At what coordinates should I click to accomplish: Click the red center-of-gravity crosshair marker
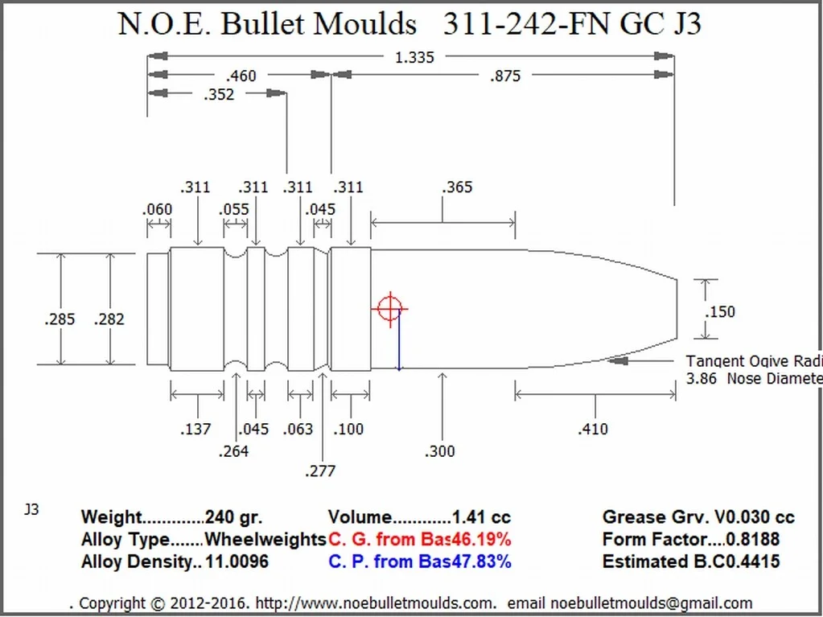(389, 308)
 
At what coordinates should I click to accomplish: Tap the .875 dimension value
(504, 76)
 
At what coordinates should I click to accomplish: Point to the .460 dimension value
(241, 76)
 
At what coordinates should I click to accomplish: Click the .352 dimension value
(218, 95)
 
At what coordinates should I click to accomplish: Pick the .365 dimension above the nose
(457, 187)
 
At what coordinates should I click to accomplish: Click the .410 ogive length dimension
(593, 429)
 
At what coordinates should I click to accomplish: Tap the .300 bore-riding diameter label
(440, 451)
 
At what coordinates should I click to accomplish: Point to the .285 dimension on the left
(60, 319)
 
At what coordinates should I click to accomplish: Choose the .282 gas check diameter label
(109, 319)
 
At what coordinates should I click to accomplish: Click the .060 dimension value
(157, 210)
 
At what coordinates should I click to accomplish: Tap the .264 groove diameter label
(233, 451)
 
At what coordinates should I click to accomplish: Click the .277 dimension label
(320, 471)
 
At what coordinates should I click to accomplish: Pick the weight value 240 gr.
(234, 518)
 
